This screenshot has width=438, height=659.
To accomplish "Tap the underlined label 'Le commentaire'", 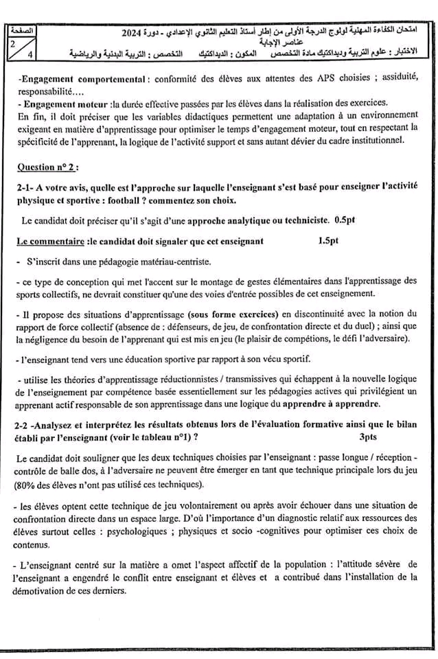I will pos(49,241).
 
